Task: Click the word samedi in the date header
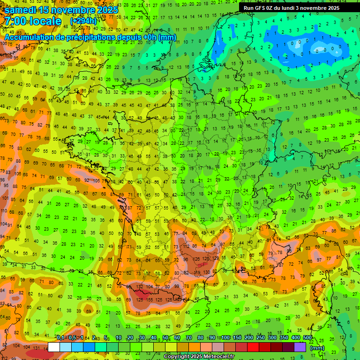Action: [x=22, y=9]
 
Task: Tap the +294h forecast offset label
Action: [x=83, y=21]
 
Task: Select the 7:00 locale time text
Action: [x=33, y=21]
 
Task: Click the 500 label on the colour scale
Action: [x=307, y=337]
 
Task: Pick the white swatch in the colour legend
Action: [x=54, y=347]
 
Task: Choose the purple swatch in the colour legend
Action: [x=300, y=347]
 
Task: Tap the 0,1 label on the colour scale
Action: [x=60, y=337]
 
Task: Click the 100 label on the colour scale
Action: [x=225, y=337]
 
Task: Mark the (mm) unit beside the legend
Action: [x=317, y=348]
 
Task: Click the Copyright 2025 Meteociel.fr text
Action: [x=199, y=357]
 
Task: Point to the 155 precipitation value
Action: [x=150, y=299]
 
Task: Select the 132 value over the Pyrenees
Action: [x=139, y=286]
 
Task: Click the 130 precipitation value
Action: [x=206, y=272]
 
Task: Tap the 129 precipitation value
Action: [x=216, y=258]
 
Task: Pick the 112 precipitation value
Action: [x=186, y=246]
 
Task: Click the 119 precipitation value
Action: [x=196, y=272]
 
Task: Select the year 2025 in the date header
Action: [x=107, y=9]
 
